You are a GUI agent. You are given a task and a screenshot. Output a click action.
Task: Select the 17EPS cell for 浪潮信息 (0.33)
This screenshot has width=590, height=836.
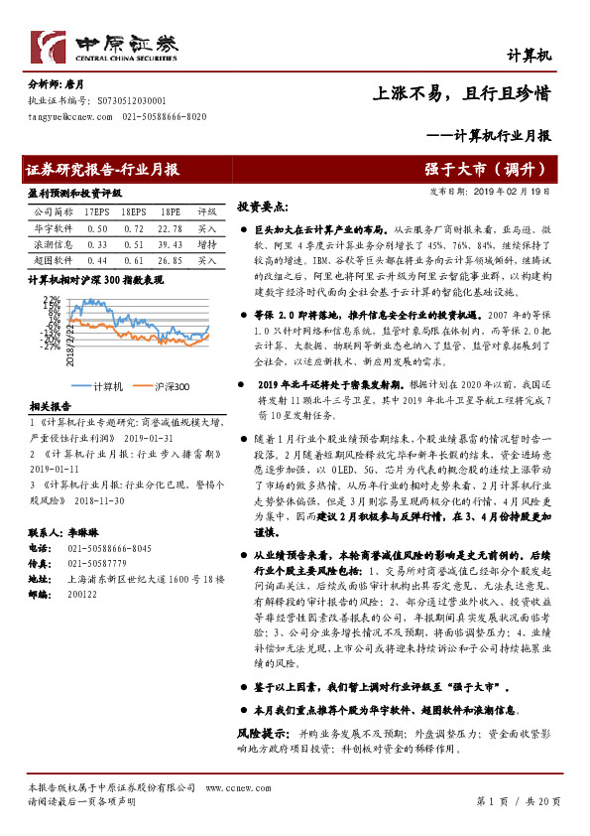pyautogui.click(x=97, y=243)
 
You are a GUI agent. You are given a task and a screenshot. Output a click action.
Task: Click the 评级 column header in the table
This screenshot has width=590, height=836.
pyautogui.click(x=206, y=212)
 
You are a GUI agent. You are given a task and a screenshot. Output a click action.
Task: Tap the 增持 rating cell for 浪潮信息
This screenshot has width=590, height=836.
pyautogui.click(x=206, y=243)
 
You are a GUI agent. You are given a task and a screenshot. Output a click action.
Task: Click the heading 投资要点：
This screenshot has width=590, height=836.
pyautogui.click(x=262, y=208)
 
